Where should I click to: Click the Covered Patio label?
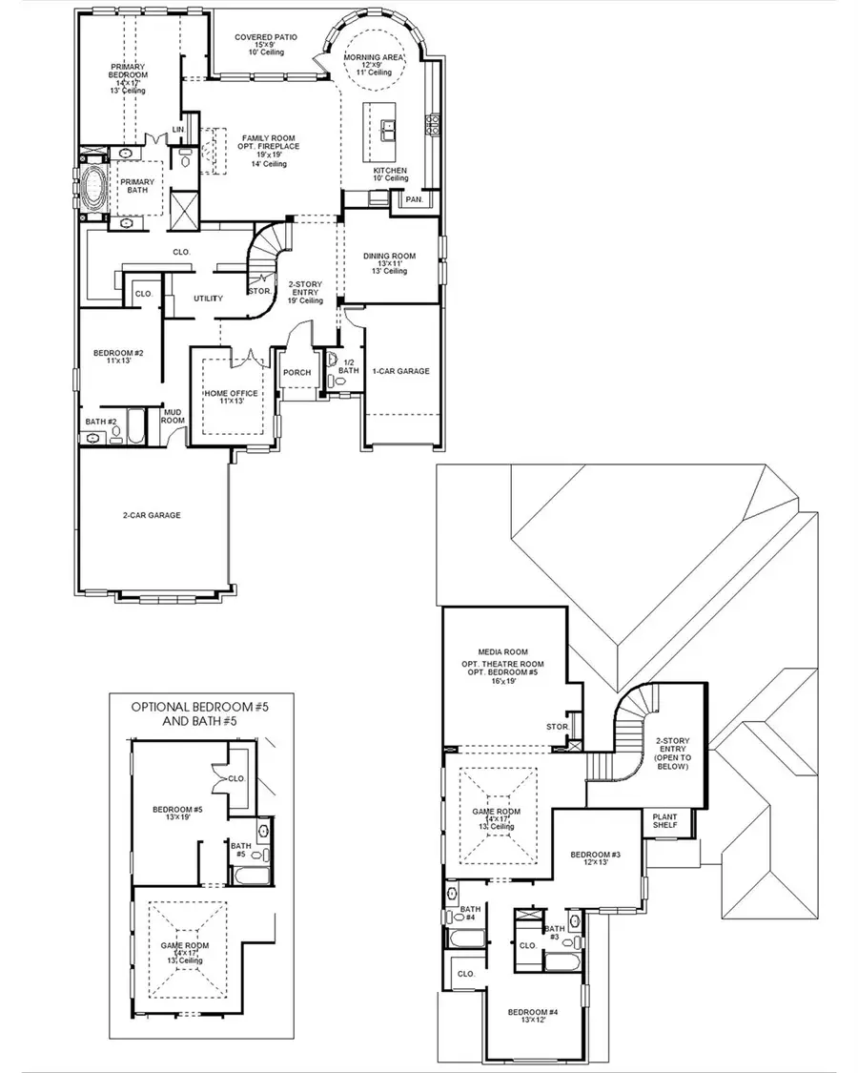(266, 37)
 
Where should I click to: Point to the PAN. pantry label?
(413, 200)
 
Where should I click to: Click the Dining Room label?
(389, 256)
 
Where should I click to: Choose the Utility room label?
(208, 299)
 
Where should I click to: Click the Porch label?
(296, 372)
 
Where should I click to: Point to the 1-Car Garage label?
(400, 371)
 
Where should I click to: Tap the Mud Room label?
(173, 415)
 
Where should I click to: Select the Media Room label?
(502, 652)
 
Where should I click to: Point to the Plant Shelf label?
(664, 820)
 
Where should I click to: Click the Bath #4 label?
(470, 914)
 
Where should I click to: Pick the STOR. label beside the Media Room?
(558, 727)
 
